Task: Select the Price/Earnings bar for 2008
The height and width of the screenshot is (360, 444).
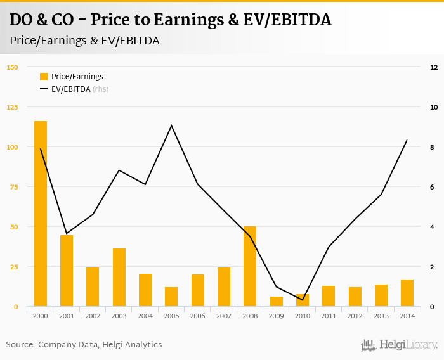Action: coord(250,266)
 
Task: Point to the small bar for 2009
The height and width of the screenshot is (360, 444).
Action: coord(276,302)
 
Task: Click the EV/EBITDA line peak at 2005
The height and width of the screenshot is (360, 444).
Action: coord(171,125)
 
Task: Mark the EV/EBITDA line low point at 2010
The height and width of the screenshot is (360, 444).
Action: coord(303,299)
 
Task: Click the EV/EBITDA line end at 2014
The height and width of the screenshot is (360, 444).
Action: coord(407,139)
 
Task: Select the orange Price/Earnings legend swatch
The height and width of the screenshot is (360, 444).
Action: coord(44,77)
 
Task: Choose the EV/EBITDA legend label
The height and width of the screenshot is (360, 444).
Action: coord(70,89)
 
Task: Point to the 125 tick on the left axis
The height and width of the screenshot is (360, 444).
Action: coord(12,107)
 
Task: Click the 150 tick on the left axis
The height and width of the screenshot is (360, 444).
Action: coord(12,67)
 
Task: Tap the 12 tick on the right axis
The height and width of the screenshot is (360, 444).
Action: coord(434,67)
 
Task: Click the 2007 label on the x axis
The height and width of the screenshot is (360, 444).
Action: coord(224,315)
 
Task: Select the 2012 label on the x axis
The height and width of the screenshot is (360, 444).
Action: coord(355,315)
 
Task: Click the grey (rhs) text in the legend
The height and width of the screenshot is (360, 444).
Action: coord(100,89)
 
